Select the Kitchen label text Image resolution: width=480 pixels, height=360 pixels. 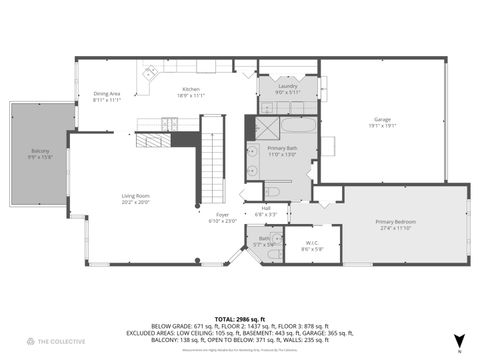click(191, 89)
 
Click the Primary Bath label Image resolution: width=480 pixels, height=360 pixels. click(283, 148)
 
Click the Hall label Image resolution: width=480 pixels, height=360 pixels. click(266, 208)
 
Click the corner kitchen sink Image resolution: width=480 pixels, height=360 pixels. click(150, 73)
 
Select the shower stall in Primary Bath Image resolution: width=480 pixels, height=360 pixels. click(265, 128)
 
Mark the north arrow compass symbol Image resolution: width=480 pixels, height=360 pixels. click(458, 340)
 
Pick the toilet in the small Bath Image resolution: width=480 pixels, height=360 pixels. click(274, 255)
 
